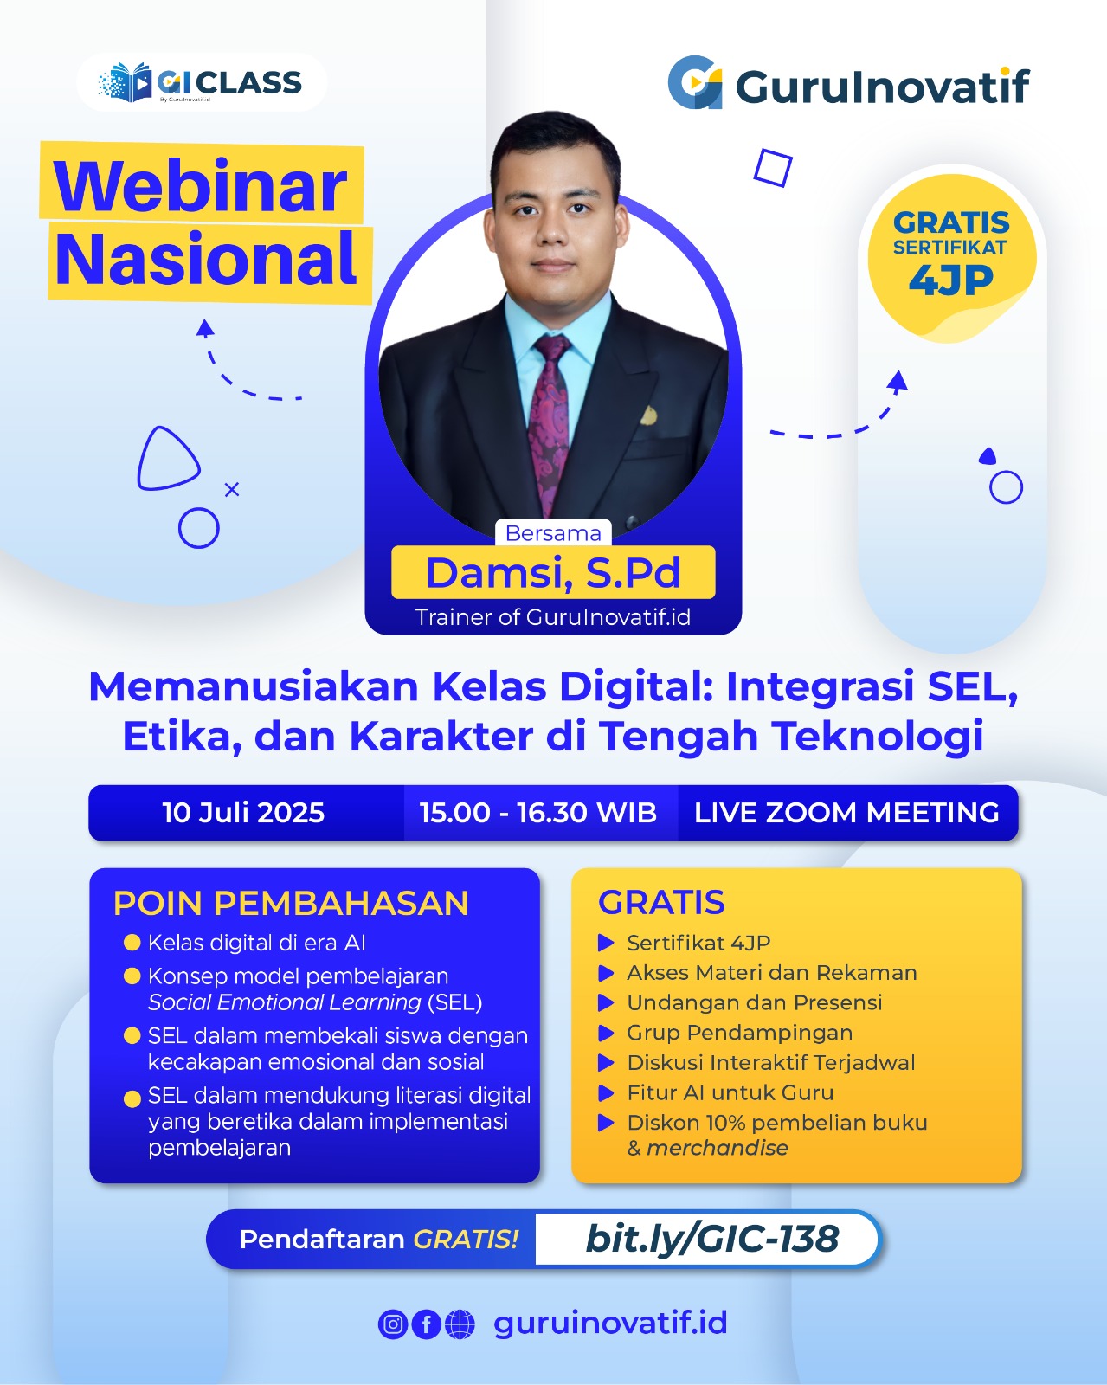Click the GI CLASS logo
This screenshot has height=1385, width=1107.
[x=200, y=82]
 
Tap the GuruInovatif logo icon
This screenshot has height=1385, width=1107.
[x=695, y=83]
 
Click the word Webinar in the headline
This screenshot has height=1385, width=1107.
[x=201, y=186]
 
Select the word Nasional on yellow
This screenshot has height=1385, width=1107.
[x=206, y=260]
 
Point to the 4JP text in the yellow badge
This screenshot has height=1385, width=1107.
[x=950, y=280]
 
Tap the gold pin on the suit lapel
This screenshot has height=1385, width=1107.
[x=648, y=416]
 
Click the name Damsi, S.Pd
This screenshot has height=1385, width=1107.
[x=553, y=573]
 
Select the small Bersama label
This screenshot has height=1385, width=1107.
[x=553, y=533]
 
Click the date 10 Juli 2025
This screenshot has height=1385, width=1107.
[x=243, y=812]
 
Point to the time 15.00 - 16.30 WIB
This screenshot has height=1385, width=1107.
[x=538, y=812]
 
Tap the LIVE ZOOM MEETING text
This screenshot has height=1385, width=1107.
[x=847, y=812]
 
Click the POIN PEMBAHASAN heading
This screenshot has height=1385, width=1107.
[x=291, y=903]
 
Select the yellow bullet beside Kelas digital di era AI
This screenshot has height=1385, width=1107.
[x=132, y=943]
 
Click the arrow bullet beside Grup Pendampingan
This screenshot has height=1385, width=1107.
[x=606, y=1033]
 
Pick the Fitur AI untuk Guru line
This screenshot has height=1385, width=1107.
[x=730, y=1092]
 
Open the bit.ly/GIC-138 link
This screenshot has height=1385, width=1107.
[x=712, y=1238]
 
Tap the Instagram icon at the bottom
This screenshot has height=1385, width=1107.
[x=393, y=1324]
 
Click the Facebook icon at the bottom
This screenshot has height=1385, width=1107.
[x=426, y=1324]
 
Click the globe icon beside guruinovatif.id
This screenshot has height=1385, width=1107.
[x=460, y=1324]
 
